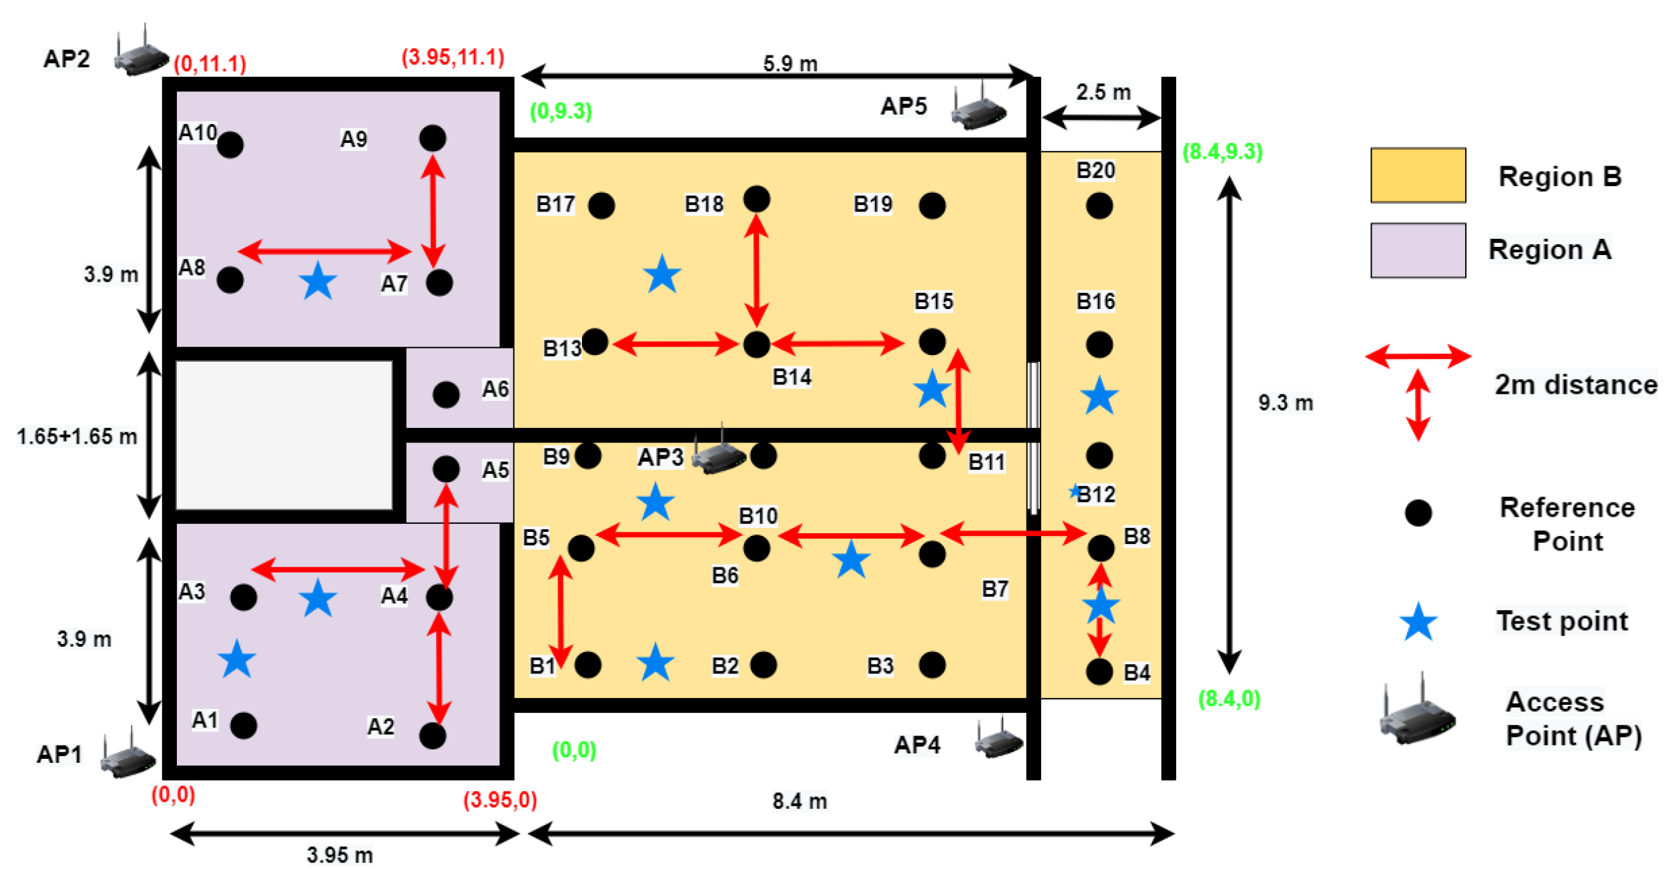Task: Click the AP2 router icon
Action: tap(141, 54)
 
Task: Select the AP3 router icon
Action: tap(718, 454)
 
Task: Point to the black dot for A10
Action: tap(230, 145)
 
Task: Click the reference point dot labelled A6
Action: tap(446, 394)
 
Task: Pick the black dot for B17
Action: tap(601, 206)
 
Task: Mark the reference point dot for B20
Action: tap(1099, 206)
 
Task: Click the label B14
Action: tap(792, 378)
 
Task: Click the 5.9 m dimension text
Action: tap(790, 64)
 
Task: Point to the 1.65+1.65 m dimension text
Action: tap(77, 436)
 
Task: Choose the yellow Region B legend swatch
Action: tap(1418, 176)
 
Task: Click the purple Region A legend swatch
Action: tap(1418, 250)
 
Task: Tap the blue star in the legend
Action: tap(1418, 623)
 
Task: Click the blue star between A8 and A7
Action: tap(318, 281)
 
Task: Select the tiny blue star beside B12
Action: tap(1075, 492)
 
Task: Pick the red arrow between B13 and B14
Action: tap(675, 344)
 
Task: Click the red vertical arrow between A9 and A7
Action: tap(433, 211)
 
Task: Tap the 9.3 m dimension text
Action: tap(1286, 403)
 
